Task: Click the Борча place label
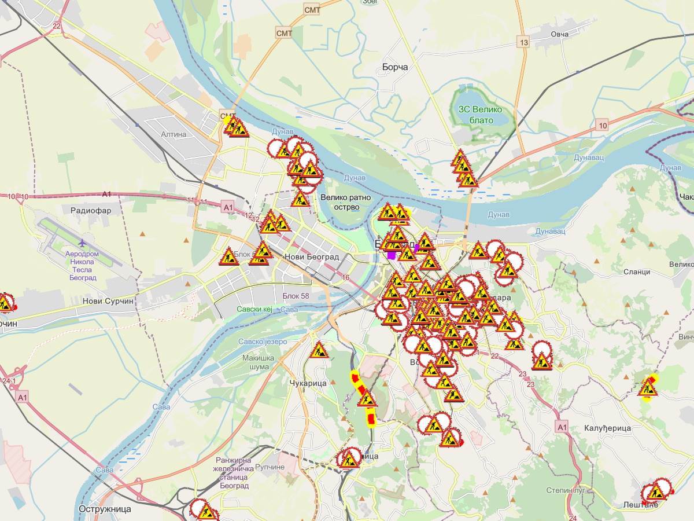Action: point(395,67)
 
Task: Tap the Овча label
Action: point(559,34)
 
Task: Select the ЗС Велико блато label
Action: point(480,115)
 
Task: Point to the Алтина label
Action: point(174,134)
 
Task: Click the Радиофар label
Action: point(90,211)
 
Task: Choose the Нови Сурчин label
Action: point(108,301)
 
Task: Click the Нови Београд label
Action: point(311,256)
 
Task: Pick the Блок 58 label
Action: point(296,296)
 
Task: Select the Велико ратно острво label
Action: point(346,202)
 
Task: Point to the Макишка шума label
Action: point(259,362)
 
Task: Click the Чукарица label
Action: point(308,383)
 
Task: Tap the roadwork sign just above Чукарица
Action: point(319,350)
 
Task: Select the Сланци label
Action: point(637,271)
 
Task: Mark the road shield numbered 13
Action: point(524,42)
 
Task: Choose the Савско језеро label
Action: point(263,342)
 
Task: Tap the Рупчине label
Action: point(270,467)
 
